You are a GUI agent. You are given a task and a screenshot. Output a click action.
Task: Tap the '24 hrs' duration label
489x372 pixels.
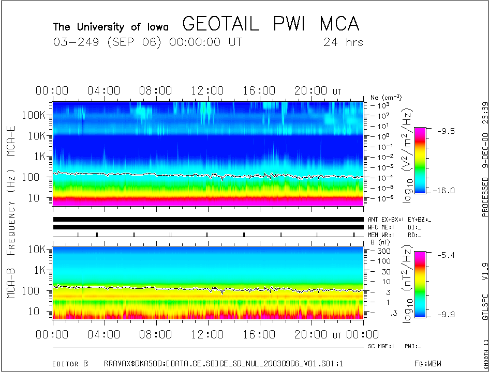343,42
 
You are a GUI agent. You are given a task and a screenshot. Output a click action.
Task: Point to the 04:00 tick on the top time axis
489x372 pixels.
104,91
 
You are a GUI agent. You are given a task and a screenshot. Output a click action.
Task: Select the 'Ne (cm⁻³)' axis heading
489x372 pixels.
386,97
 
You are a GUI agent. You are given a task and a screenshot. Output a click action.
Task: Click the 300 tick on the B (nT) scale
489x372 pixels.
383,251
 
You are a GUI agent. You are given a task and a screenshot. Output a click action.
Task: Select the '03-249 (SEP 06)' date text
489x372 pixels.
108,42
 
